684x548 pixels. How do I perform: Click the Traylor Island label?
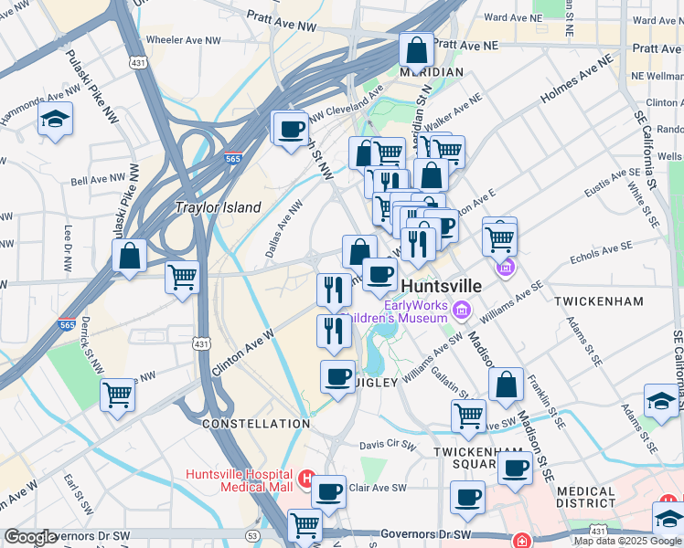pyautogui.click(x=219, y=207)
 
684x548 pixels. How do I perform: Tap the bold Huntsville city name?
pyautogui.click(x=442, y=286)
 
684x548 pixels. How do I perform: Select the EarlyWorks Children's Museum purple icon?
pyautogui.click(x=463, y=312)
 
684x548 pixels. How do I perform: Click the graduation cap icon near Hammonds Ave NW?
pyautogui.click(x=56, y=120)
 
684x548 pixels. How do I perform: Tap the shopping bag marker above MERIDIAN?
pyautogui.click(x=417, y=50)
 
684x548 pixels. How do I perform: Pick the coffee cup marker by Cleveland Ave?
pyautogui.click(x=291, y=129)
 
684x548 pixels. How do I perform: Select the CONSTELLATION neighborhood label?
pyautogui.click(x=256, y=424)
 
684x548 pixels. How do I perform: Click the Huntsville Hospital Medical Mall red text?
pyautogui.click(x=240, y=479)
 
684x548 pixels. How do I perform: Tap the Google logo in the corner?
pyautogui.click(x=30, y=537)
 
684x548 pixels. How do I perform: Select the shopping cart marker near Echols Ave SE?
pyautogui.click(x=499, y=238)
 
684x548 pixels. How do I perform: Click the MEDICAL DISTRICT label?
pyautogui.click(x=585, y=497)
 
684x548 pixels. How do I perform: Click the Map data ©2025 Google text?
pyautogui.click(x=628, y=541)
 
